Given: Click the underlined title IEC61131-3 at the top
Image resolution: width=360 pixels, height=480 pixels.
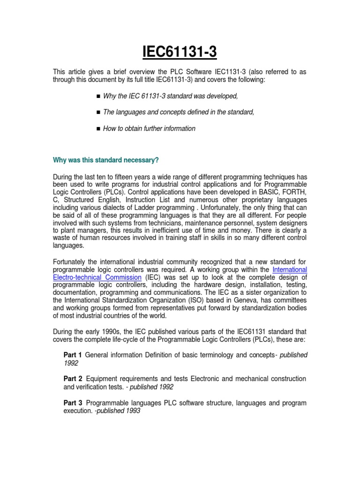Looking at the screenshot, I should pyautogui.click(x=180, y=52).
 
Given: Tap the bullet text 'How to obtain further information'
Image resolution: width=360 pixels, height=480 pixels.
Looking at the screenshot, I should pyautogui.click(x=149, y=128).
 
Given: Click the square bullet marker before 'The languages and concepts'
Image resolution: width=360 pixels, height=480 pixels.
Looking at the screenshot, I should pyautogui.click(x=98, y=112).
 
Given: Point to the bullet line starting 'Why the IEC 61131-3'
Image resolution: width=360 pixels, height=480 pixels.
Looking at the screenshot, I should pyautogui.click(x=171, y=96).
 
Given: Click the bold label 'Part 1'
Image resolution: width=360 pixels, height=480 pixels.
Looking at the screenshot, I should pyautogui.click(x=73, y=355).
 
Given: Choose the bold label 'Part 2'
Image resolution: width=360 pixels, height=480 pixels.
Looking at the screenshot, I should pyautogui.click(x=73, y=378).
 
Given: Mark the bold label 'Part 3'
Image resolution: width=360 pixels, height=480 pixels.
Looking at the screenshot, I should pyautogui.click(x=73, y=403).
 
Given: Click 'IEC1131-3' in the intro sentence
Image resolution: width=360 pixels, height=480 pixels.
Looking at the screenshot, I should pyautogui.click(x=225, y=71).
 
